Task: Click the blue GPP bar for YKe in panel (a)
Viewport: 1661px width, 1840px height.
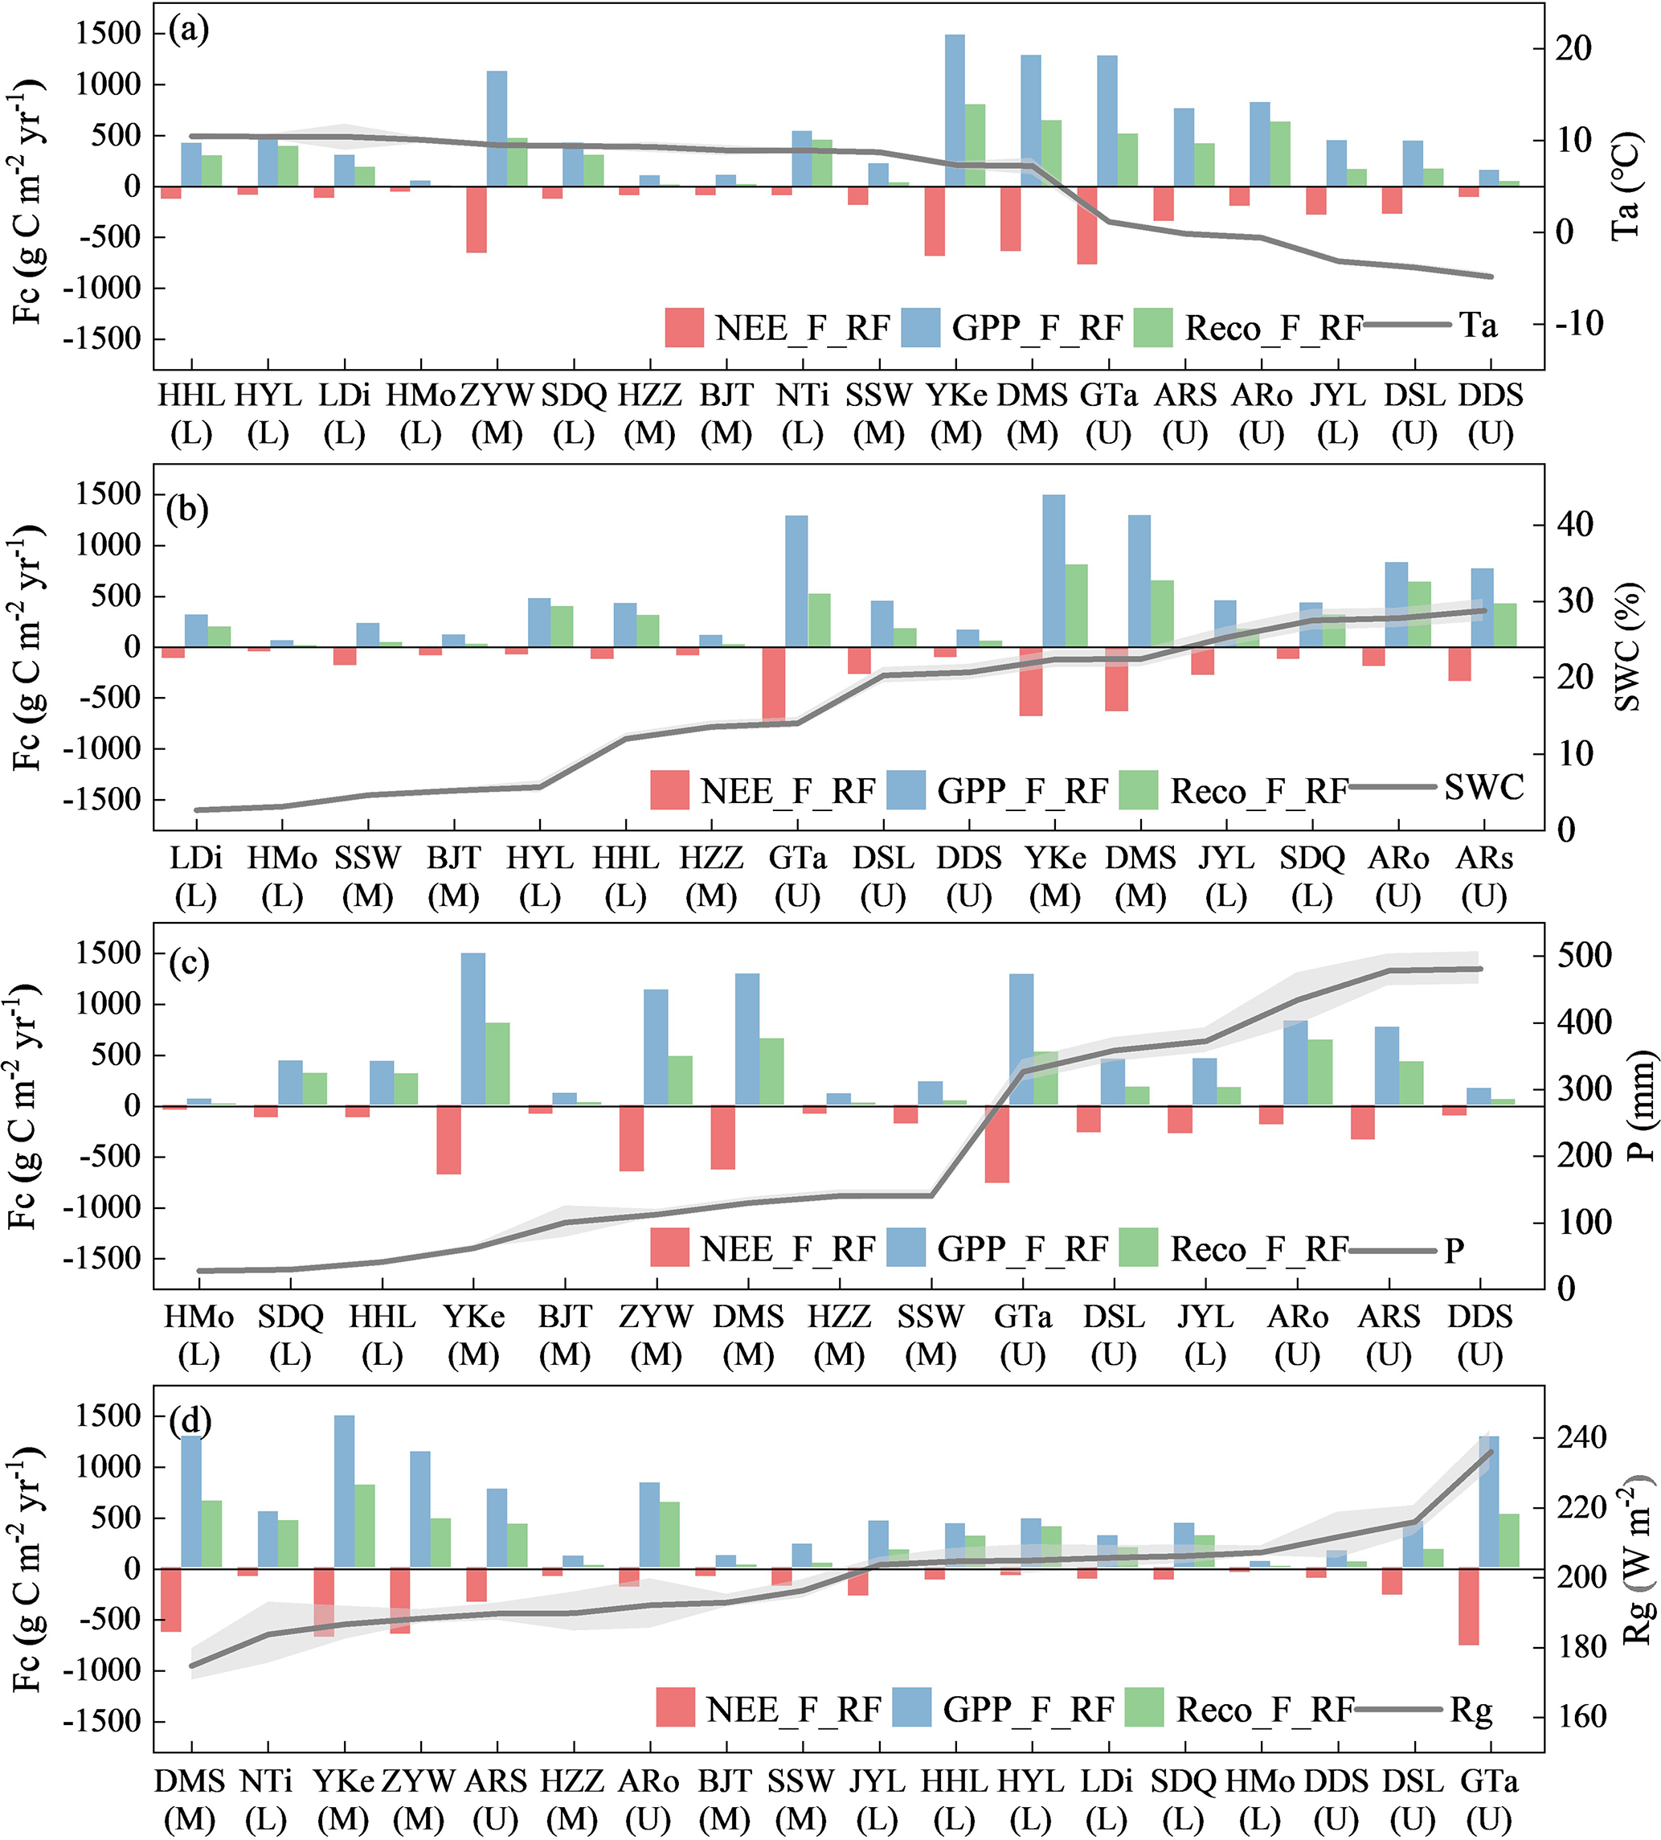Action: tap(955, 109)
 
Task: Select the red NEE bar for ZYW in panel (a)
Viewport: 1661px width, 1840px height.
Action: tap(477, 219)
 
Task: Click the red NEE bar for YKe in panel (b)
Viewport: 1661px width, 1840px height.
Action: tap(1031, 681)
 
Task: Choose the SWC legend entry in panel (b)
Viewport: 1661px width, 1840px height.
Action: tap(1483, 787)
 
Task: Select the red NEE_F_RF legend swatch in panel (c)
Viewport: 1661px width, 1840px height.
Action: tap(670, 1247)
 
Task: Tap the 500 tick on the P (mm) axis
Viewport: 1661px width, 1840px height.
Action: tap(1583, 956)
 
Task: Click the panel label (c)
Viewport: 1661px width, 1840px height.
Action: tap(189, 963)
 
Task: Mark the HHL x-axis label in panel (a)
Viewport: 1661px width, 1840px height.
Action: tap(190, 395)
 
